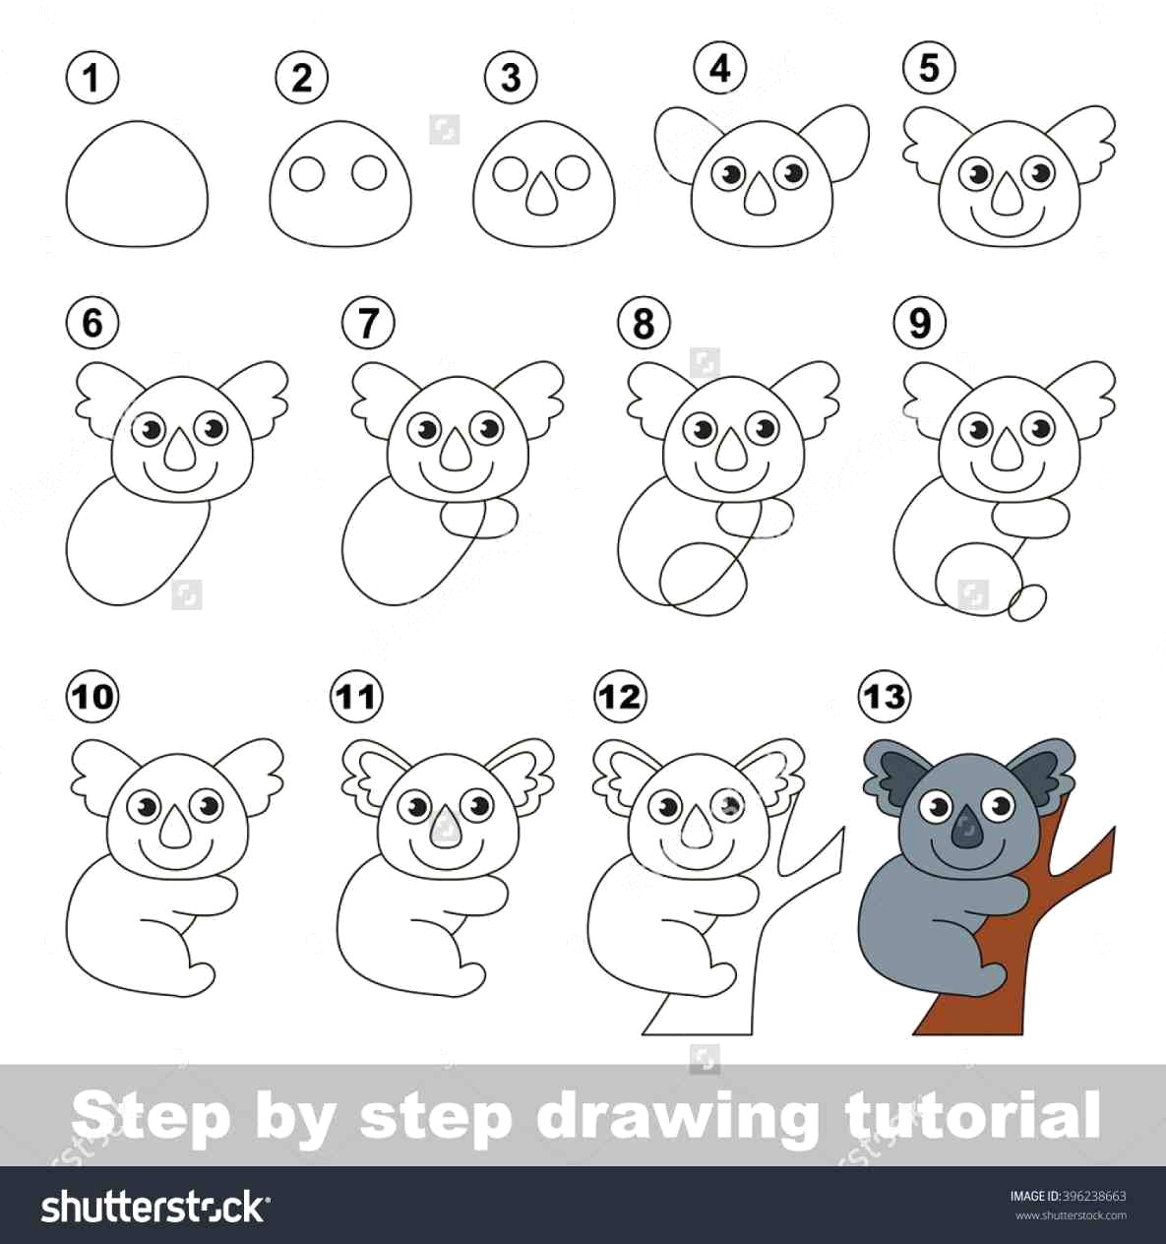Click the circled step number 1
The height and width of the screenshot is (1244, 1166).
(x=92, y=77)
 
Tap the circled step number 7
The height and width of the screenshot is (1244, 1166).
(x=369, y=322)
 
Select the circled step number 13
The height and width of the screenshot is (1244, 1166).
(x=884, y=697)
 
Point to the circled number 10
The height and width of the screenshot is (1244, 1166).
(x=92, y=697)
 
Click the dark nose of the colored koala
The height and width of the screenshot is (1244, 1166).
(x=966, y=831)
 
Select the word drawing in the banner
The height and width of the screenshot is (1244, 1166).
(x=676, y=1115)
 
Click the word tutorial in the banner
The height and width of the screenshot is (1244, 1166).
(x=972, y=1115)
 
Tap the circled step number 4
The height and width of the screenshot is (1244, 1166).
(x=720, y=68)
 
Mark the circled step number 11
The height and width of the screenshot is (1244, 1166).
(x=355, y=697)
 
